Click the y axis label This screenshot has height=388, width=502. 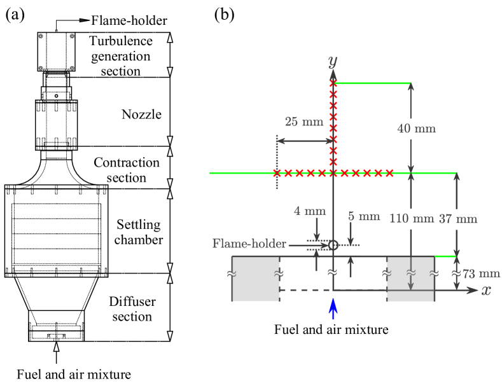point(332,62)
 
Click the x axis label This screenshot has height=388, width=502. point(486,290)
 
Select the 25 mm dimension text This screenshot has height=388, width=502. point(303,122)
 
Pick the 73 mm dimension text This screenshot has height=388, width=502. point(481,274)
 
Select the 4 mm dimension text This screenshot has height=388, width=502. point(309,211)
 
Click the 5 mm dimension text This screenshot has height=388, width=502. point(364,216)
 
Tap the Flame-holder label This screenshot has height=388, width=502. point(248,244)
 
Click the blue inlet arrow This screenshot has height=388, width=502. point(333,309)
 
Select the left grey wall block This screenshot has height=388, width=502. point(255,279)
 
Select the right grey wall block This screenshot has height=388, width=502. point(410,279)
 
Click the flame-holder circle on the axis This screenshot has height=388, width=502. point(333,245)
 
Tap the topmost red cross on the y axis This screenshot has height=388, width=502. point(333,84)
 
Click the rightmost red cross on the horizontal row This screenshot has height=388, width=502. point(389,173)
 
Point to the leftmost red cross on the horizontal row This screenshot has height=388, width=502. point(277,173)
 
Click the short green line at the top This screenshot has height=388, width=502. point(372,83)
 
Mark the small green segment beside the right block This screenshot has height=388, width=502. point(445,256)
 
